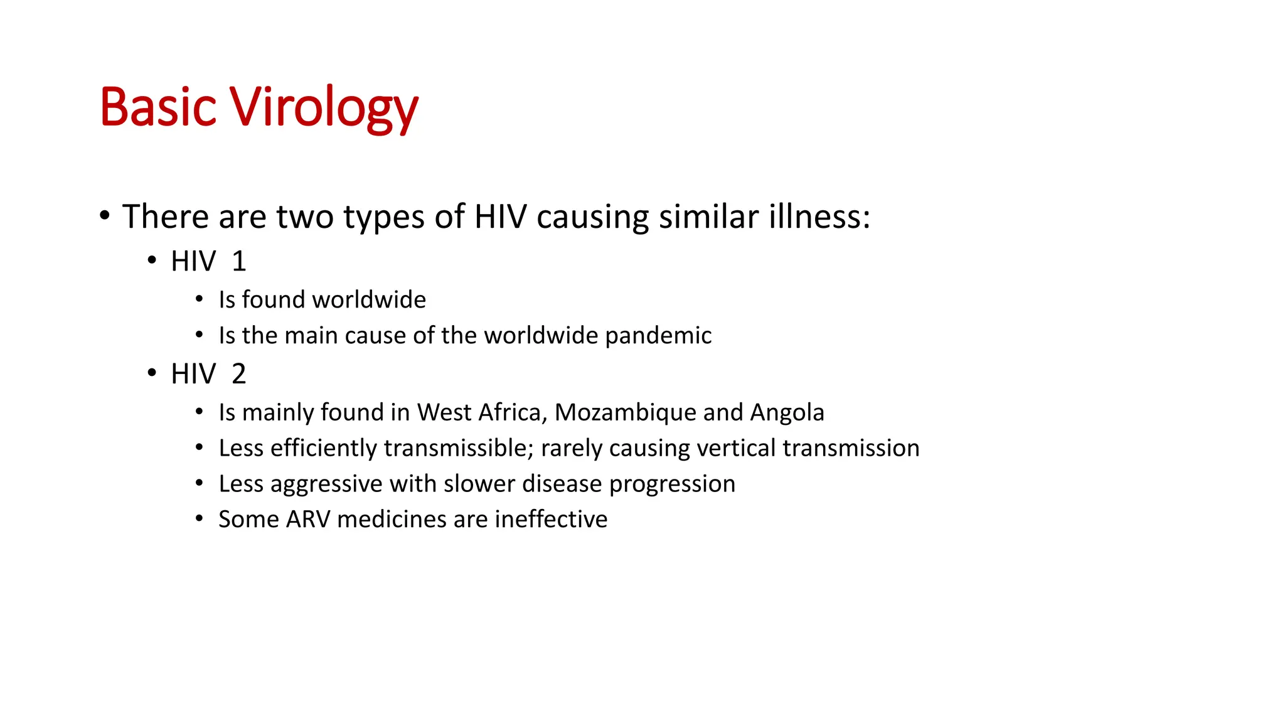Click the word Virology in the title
(x=323, y=108)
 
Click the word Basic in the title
(x=158, y=108)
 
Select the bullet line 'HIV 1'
(x=208, y=261)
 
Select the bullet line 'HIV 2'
(x=208, y=374)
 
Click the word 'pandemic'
(x=658, y=336)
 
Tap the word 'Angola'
(x=787, y=412)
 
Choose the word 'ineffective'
(x=551, y=520)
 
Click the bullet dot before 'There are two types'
(x=105, y=217)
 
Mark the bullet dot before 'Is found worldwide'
(x=199, y=299)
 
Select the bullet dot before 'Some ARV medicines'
(x=199, y=519)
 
